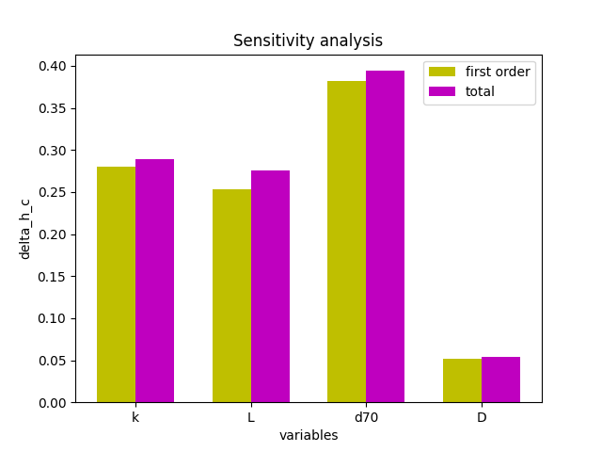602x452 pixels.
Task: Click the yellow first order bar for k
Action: (116, 284)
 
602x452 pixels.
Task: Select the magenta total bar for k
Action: (154, 281)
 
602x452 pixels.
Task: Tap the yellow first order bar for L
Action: (231, 296)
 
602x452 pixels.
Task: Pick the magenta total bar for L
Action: (270, 286)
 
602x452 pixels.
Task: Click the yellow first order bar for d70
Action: (346, 242)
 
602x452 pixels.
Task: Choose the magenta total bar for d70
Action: (385, 236)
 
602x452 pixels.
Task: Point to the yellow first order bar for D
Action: (462, 380)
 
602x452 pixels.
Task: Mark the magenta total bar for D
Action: (500, 379)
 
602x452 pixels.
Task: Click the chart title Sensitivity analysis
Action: (308, 40)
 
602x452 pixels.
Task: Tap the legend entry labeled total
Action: (480, 91)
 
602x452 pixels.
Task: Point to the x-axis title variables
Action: (308, 435)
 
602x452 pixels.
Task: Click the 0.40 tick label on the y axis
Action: (52, 66)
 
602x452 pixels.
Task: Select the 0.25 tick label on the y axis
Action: (52, 192)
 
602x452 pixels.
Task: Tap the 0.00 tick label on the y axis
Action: (52, 402)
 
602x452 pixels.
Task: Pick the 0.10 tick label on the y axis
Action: (52, 318)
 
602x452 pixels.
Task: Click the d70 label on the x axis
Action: (366, 417)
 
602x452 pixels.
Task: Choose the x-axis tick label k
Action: (135, 417)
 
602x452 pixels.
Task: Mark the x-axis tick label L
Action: (250, 417)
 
